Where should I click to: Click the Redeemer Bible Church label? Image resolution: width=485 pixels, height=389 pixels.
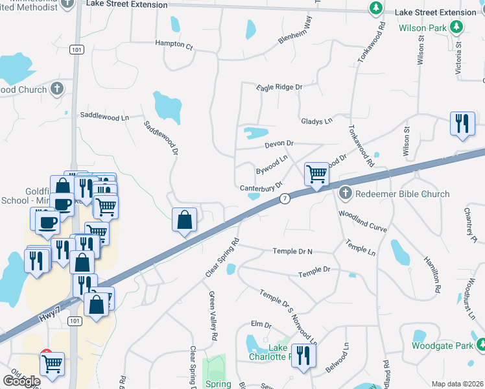pyautogui.click(x=401, y=194)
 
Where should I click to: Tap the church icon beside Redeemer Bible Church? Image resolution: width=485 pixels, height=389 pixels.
pyautogui.click(x=345, y=193)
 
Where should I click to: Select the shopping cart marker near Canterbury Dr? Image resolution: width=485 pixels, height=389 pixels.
pyautogui.click(x=316, y=174)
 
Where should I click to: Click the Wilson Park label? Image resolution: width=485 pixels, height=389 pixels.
pyautogui.click(x=422, y=28)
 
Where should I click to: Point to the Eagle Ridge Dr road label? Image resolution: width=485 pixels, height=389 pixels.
pyautogui.click(x=279, y=87)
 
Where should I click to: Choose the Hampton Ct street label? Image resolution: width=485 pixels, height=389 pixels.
pyautogui.click(x=174, y=46)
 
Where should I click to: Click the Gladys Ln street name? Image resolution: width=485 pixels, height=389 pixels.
pyautogui.click(x=316, y=121)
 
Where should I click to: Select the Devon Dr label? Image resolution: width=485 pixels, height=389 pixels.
pyautogui.click(x=279, y=143)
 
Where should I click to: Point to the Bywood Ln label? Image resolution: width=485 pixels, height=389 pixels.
pyautogui.click(x=272, y=165)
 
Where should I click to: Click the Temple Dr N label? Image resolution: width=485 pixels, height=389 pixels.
pyautogui.click(x=292, y=251)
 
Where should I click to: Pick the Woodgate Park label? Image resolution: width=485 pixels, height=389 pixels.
pyautogui.click(x=442, y=346)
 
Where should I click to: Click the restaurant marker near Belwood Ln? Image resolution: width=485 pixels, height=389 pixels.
pyautogui.click(x=303, y=355)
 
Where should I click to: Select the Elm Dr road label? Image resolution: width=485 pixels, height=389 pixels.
pyautogui.click(x=261, y=324)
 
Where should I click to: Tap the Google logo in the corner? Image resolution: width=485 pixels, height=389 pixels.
pyautogui.click(x=21, y=381)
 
